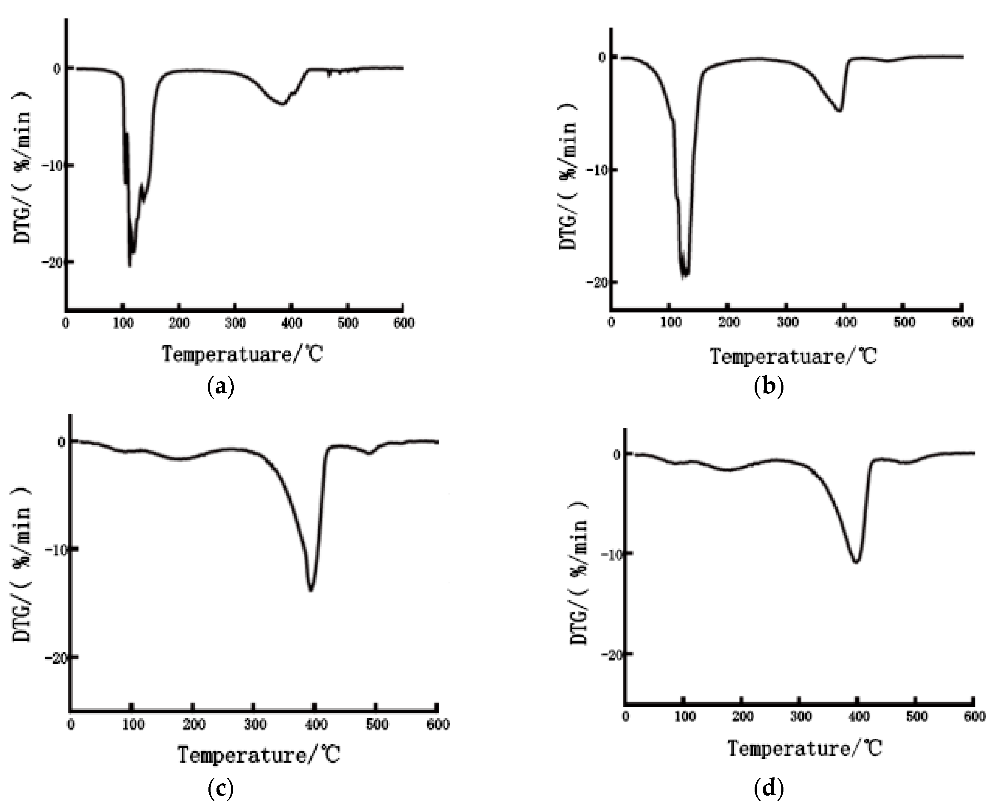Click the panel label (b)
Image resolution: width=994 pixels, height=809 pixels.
click(769, 387)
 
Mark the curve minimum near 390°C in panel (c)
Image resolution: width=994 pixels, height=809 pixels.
click(311, 590)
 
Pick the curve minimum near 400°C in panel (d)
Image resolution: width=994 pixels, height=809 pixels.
click(856, 562)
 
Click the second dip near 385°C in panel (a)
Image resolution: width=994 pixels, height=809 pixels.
click(282, 103)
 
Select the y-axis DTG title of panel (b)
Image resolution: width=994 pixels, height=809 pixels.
click(568, 177)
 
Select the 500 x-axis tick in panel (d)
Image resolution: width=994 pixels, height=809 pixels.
click(916, 716)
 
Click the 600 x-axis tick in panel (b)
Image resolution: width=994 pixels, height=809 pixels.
click(962, 322)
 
